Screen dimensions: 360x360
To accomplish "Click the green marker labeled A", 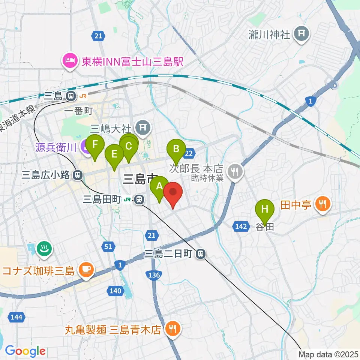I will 159,186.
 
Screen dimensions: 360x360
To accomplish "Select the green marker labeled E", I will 114,154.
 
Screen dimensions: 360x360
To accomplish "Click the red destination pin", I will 173,193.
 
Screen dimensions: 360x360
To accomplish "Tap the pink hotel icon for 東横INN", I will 70,60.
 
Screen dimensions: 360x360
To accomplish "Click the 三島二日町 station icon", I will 201,254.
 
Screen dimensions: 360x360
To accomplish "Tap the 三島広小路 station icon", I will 78,174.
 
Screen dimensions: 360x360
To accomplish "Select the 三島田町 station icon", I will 139,199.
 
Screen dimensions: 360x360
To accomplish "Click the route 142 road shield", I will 241,226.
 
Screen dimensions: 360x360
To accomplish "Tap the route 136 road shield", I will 155,275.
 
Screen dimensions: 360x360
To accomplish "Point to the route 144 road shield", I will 16,318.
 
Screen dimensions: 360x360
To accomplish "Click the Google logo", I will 25,351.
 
